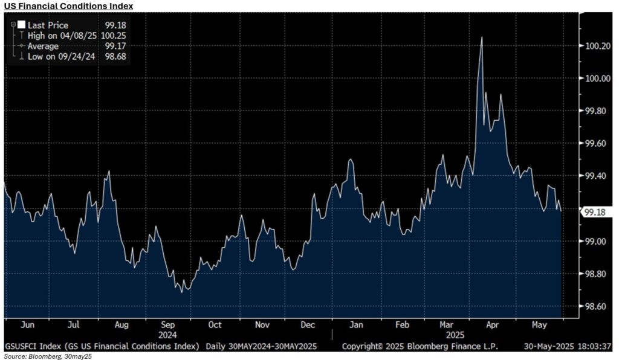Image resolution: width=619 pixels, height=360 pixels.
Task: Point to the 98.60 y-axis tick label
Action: (595, 307)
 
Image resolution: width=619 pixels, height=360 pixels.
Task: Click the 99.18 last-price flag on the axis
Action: (595, 212)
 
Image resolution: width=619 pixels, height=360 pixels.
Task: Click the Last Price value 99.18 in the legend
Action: (116, 25)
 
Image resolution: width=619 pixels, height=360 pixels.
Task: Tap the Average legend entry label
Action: (43, 46)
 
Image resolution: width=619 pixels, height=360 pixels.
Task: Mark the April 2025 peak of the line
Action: (481, 37)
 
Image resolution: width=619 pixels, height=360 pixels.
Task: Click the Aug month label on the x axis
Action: (122, 325)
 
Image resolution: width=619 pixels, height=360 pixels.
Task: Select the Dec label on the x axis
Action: (308, 325)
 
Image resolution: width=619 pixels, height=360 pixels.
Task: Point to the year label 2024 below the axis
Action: (169, 334)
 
